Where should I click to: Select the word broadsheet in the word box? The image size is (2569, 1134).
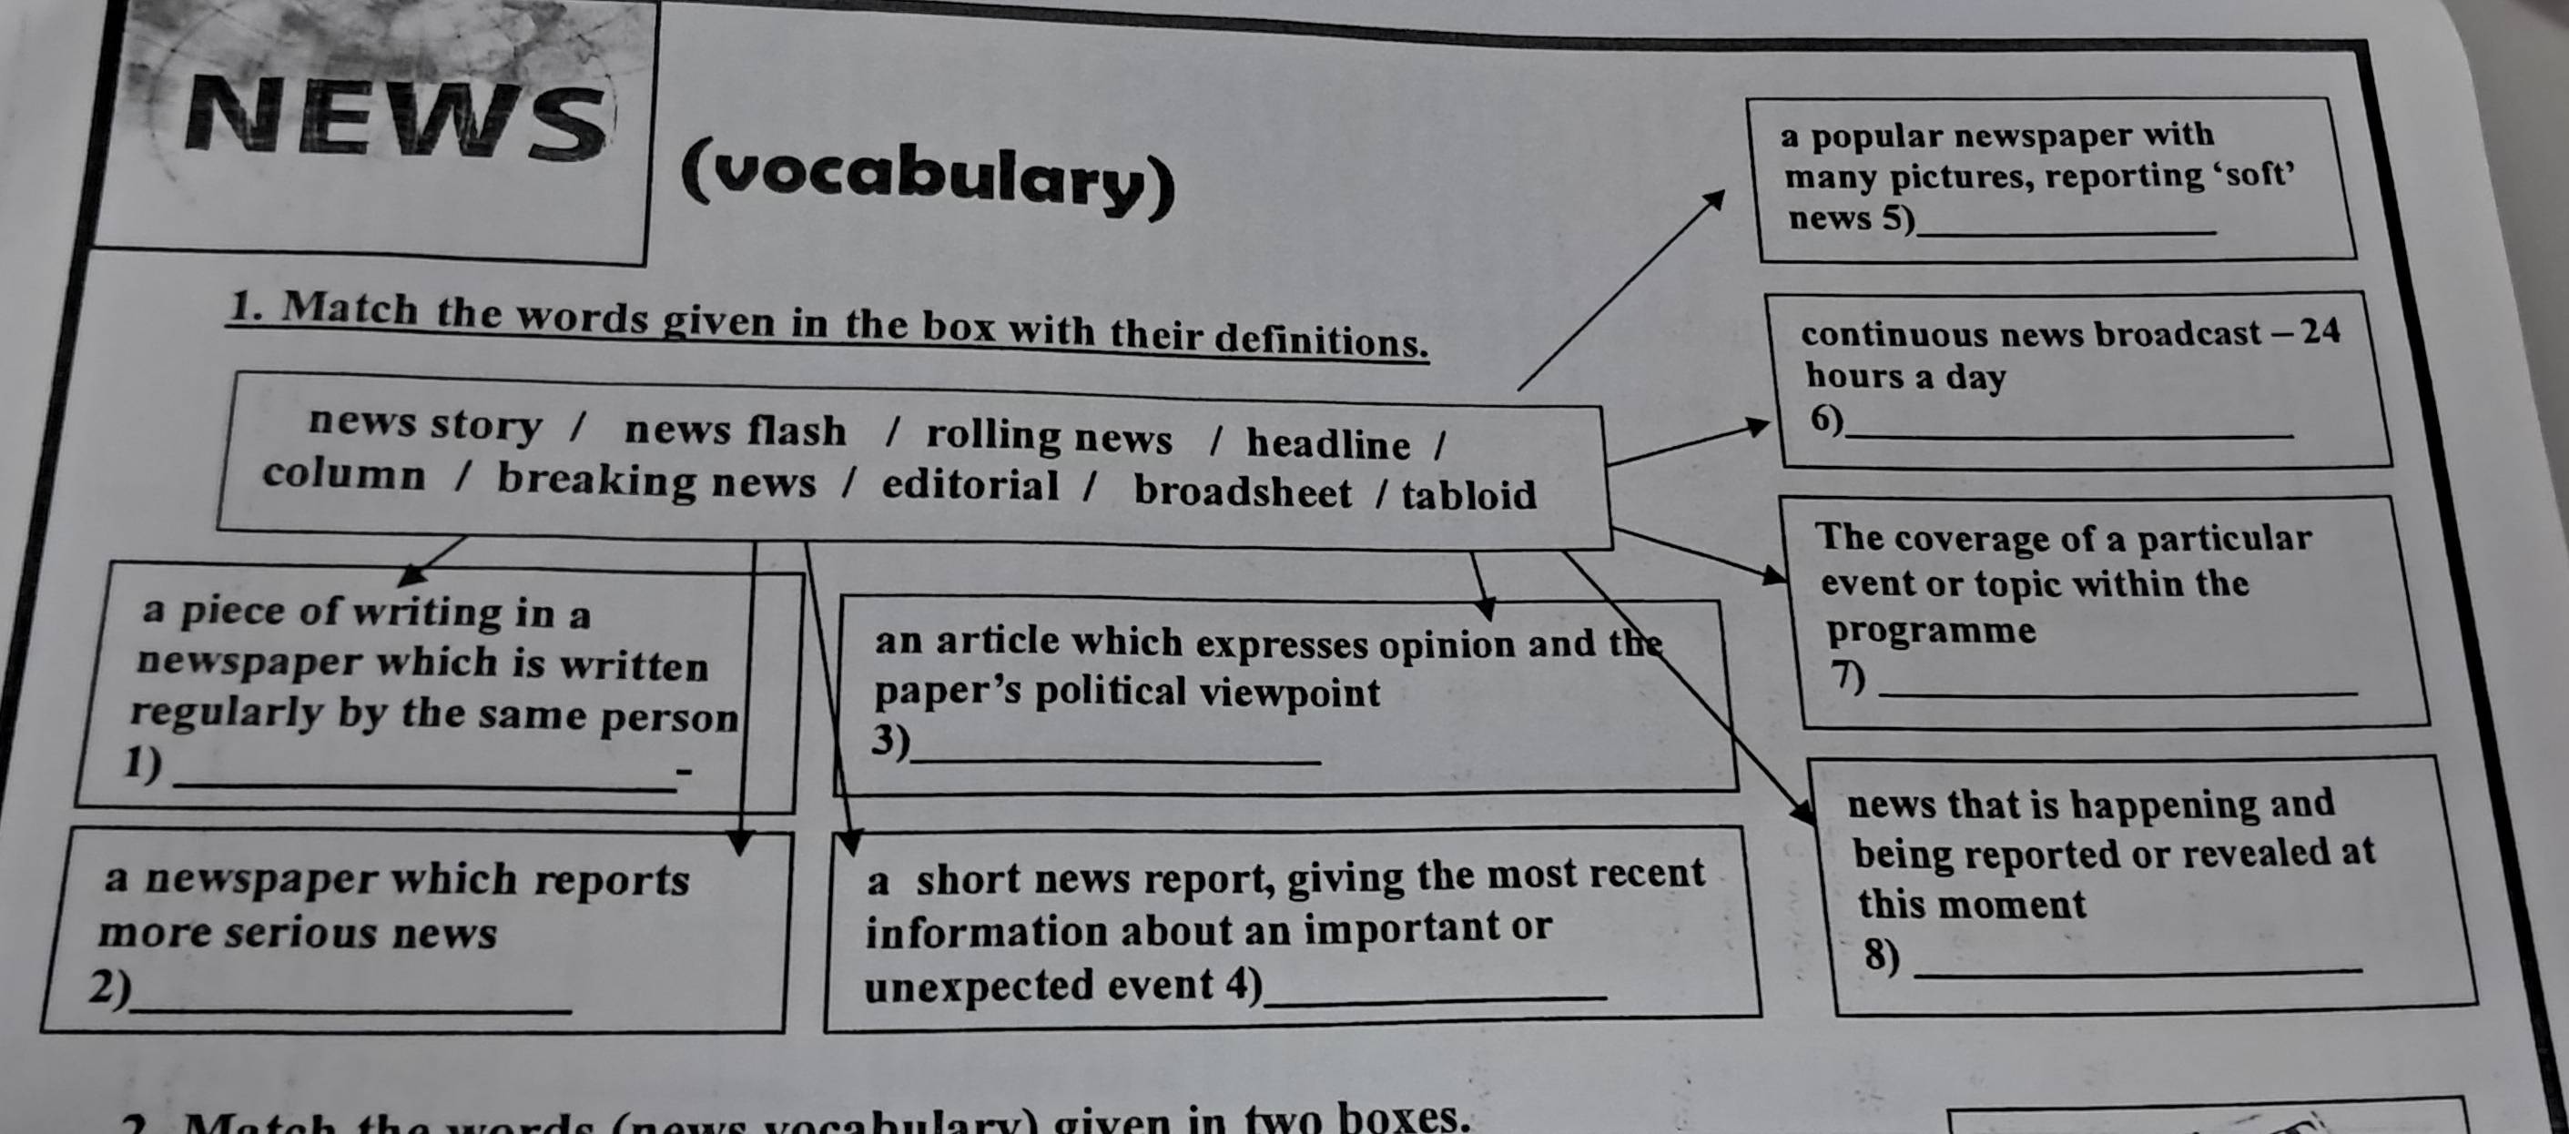pos(1243,491)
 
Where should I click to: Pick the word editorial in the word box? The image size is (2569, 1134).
pos(970,486)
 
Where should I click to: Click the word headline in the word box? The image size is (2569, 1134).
pos(1328,444)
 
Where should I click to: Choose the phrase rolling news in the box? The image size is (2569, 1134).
pos(1049,437)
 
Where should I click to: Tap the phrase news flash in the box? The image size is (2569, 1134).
pos(735,430)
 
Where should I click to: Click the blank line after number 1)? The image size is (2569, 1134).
pos(424,786)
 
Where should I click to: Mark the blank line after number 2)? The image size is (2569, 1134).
pos(351,1009)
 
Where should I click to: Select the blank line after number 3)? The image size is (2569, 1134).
pos(1115,761)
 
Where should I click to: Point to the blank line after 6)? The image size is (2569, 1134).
pos(2067,436)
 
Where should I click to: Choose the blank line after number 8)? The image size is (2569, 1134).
pos(2137,970)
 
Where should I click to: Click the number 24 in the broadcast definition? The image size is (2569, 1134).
pos(2319,331)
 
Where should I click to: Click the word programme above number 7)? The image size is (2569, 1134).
pos(1931,631)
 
